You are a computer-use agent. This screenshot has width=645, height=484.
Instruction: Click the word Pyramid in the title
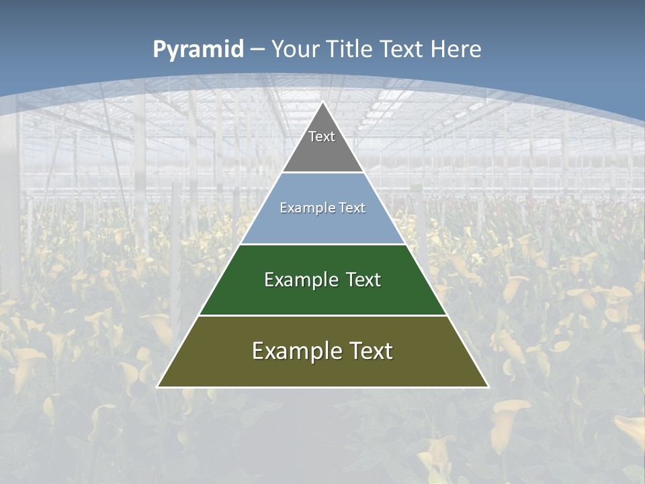[198, 50]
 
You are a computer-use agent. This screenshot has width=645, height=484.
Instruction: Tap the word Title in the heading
[351, 50]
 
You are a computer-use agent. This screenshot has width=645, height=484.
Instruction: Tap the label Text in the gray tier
[322, 136]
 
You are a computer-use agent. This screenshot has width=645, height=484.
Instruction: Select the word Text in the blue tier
[352, 208]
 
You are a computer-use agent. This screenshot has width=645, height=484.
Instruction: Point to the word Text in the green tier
[363, 280]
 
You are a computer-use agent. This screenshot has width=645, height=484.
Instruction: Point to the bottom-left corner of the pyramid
[157, 387]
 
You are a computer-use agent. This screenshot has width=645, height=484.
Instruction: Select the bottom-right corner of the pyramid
[488, 387]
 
